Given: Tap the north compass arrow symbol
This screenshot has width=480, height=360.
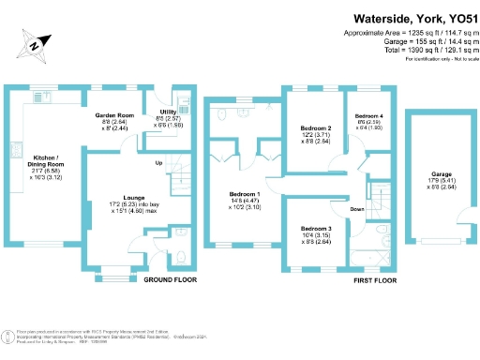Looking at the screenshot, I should point(35,42).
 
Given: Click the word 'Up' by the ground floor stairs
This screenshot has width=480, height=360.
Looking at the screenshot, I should point(157,164).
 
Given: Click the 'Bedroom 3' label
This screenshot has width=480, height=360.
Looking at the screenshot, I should point(316,229).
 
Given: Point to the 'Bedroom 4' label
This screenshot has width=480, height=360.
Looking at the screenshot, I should point(369,114).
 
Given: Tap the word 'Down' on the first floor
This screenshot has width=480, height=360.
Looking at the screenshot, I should point(357,209).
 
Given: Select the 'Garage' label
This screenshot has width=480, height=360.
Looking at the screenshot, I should point(442,174).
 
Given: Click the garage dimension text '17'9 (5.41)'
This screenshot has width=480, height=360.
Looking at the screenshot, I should point(442,182).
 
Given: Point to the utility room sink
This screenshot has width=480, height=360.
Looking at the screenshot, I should point(183,106).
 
